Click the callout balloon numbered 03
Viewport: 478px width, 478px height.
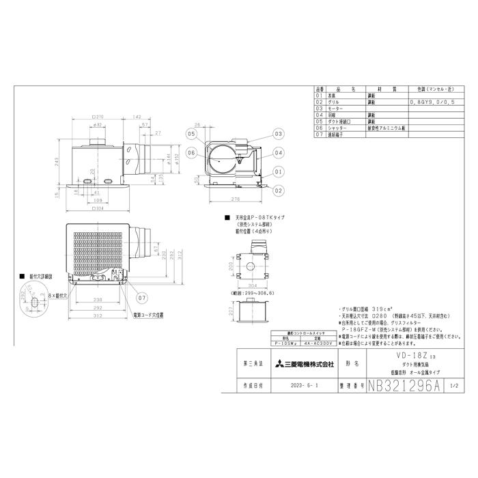(x=279, y=134)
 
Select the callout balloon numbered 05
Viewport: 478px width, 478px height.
(x=191, y=134)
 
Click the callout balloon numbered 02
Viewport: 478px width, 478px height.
(x=279, y=189)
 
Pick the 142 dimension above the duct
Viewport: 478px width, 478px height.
(x=137, y=117)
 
